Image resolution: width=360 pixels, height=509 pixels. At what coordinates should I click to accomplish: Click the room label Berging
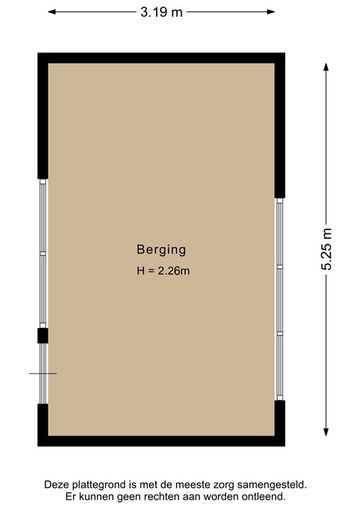pos(161,250)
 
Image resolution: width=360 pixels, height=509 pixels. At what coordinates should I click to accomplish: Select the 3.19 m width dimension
pos(161,13)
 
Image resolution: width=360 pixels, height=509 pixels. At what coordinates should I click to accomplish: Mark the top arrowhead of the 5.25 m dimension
pos(326,67)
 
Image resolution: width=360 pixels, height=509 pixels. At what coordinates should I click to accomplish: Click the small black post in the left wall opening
pos(42,335)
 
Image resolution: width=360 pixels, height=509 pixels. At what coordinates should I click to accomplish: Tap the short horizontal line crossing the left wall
pos(42,374)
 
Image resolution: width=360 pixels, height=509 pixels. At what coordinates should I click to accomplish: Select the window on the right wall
pos(280,299)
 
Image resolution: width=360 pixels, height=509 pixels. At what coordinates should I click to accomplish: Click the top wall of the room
pos(161,58)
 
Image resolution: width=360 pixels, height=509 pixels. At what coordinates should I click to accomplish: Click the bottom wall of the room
pos(161,441)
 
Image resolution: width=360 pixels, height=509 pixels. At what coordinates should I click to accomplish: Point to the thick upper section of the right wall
pos(280,126)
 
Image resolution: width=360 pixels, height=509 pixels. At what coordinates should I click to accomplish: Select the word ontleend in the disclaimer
pos(264,496)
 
